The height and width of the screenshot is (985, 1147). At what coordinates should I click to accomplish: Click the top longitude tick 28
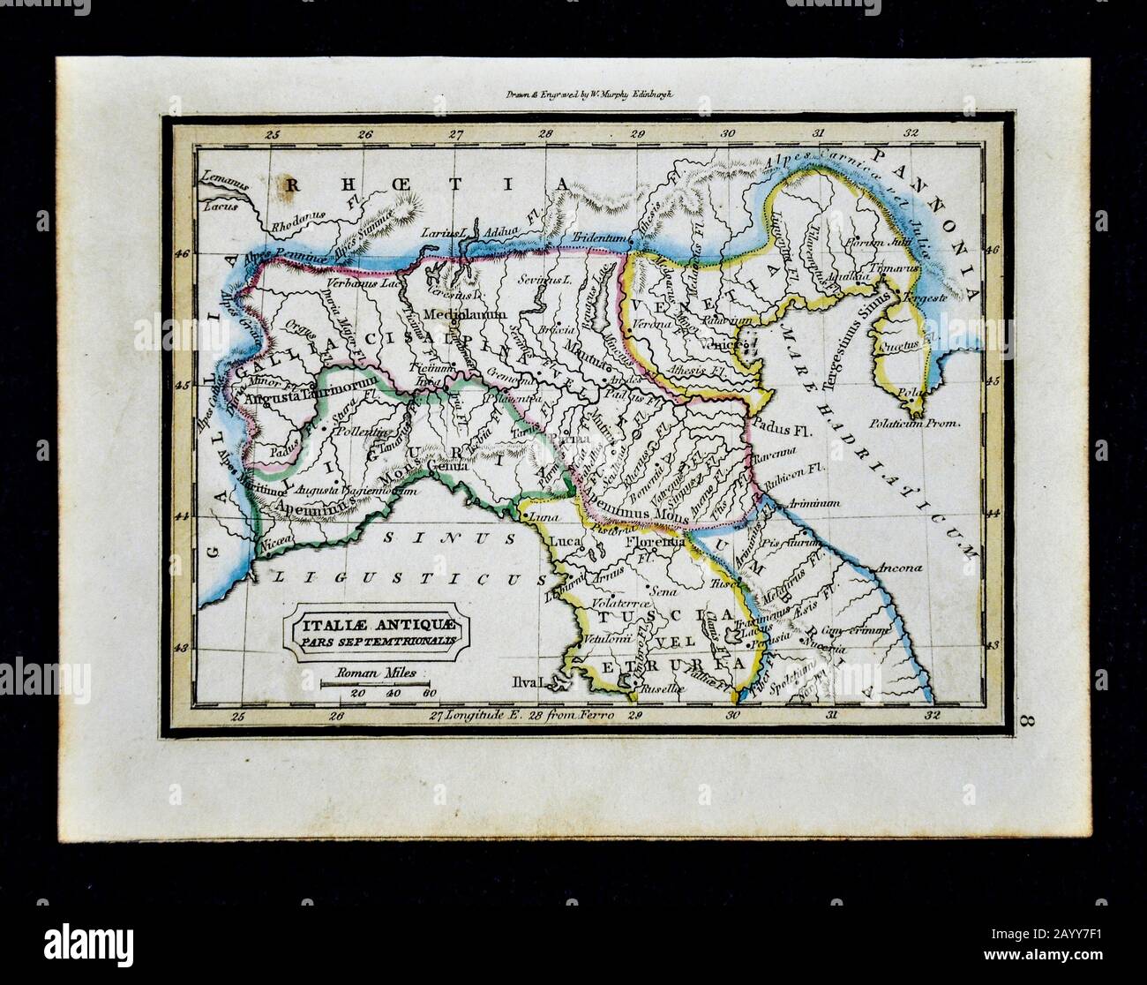tap(546, 134)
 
